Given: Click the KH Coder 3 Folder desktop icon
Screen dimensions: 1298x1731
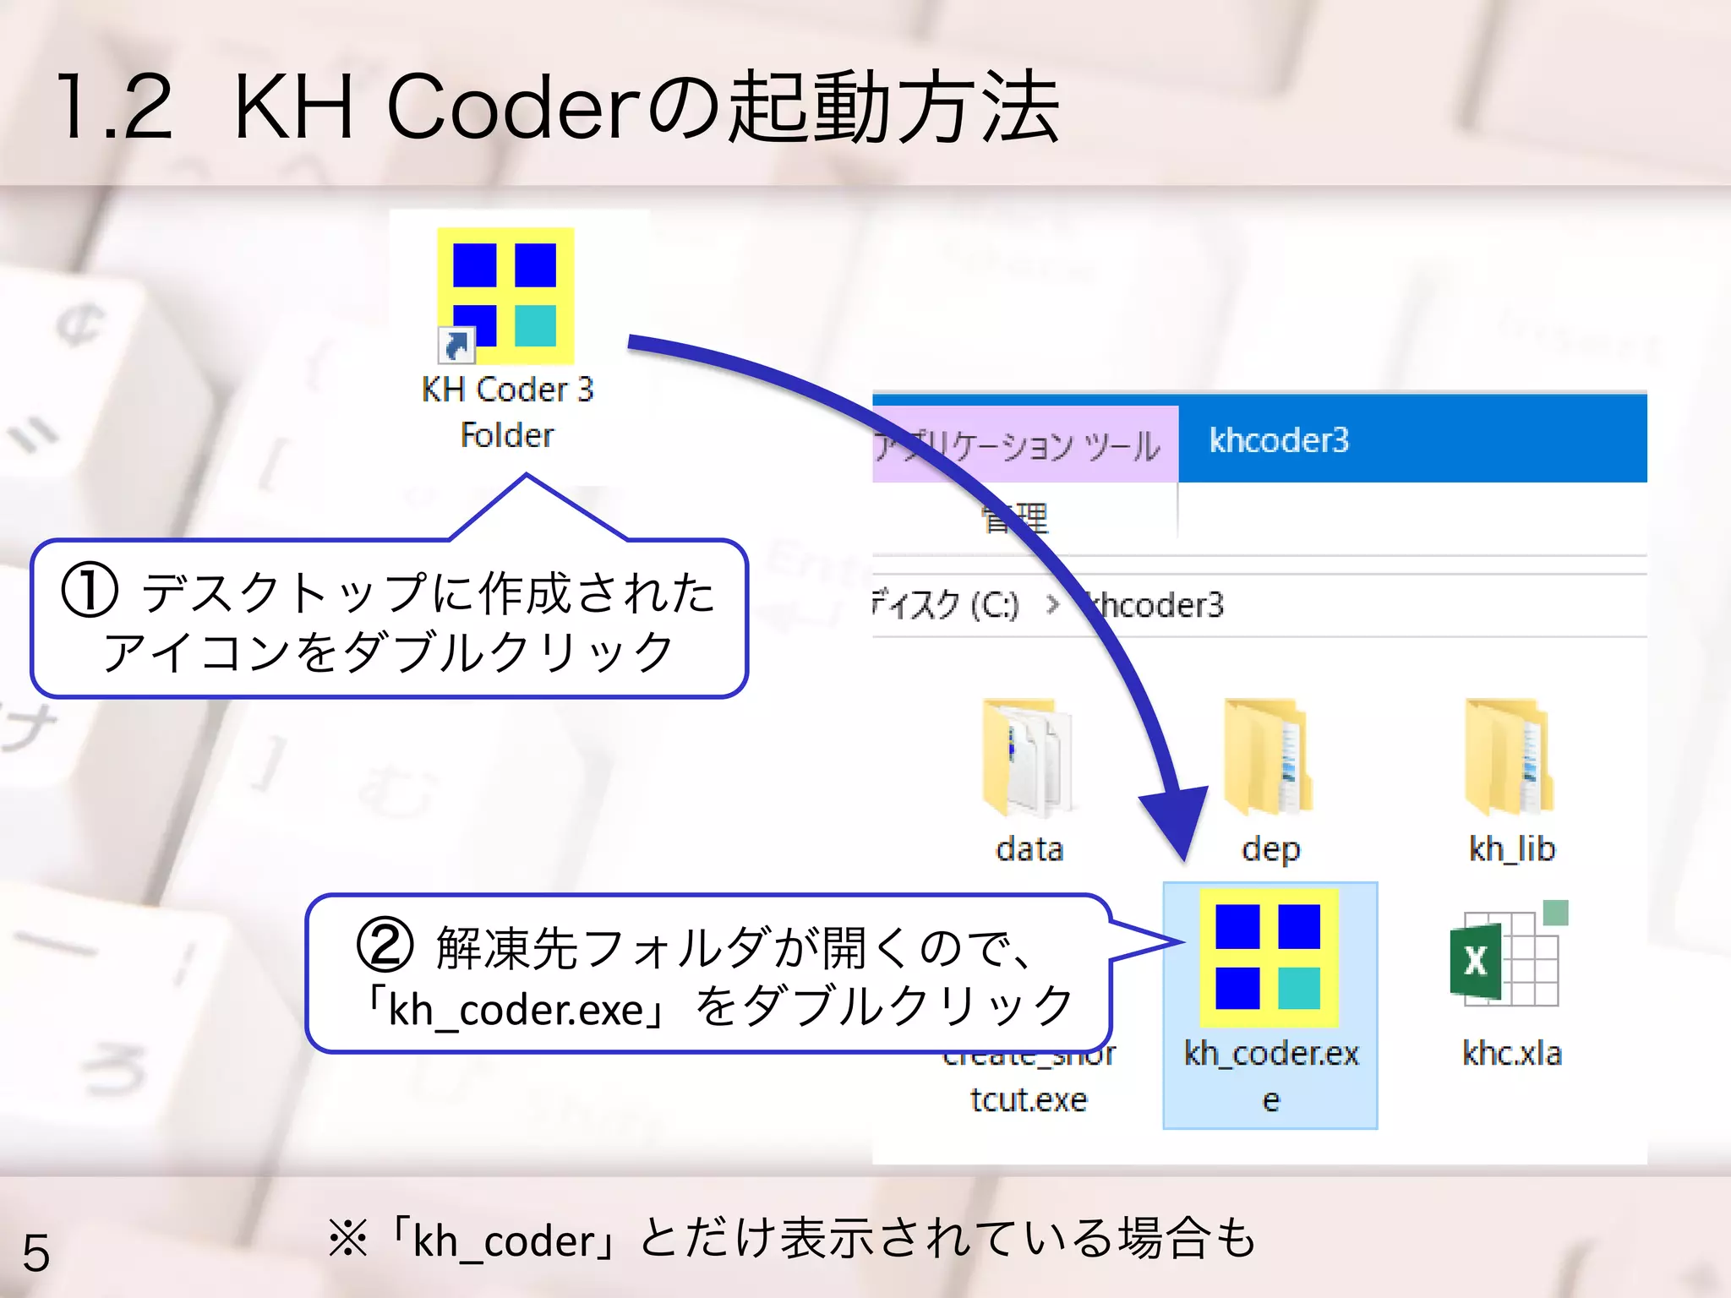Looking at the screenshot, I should [505, 296].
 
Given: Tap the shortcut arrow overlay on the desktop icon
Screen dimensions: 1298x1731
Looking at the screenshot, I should [456, 344].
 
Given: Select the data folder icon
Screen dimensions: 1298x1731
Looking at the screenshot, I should [1027, 756].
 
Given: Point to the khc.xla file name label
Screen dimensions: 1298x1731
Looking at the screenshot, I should [1511, 1054].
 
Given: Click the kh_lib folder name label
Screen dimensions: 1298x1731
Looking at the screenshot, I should [1511, 848].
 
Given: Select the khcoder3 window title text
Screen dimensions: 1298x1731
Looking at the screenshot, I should [1279, 440].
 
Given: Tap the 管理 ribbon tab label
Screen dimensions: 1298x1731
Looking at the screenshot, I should [1014, 518].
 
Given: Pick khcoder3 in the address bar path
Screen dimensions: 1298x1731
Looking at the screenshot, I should [1158, 605].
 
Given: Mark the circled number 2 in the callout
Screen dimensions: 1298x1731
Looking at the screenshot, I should [385, 946].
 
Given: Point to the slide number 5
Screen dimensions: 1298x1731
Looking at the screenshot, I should [36, 1252].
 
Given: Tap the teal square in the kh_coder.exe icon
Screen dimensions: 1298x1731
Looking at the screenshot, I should [1299, 988].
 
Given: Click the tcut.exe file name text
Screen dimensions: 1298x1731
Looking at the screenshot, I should [1028, 1099].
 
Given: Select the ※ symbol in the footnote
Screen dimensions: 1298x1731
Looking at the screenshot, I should [347, 1240].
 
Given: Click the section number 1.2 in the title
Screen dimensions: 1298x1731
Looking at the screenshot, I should [114, 107].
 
